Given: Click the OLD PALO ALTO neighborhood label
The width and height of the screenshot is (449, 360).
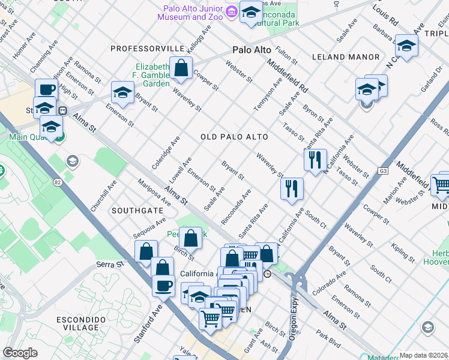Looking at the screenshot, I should click(x=234, y=137).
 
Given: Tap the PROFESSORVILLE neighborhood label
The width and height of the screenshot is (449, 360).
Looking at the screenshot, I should click(x=147, y=47).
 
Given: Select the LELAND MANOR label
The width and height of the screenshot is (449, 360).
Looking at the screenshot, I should click(x=346, y=57).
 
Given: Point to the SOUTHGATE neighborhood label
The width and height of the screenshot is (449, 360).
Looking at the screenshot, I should click(x=137, y=211).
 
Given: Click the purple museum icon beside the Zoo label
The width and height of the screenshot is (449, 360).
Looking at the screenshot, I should click(x=231, y=11).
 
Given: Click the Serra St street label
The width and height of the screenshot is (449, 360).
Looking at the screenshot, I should click(x=110, y=264).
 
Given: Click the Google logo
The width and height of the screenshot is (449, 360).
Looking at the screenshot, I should click(x=20, y=353).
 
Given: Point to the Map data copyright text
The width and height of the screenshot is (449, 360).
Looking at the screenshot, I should click(x=423, y=355).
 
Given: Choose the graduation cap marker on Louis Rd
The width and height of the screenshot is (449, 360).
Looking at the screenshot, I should click(x=406, y=46).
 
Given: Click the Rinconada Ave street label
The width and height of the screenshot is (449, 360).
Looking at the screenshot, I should click(x=235, y=207).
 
